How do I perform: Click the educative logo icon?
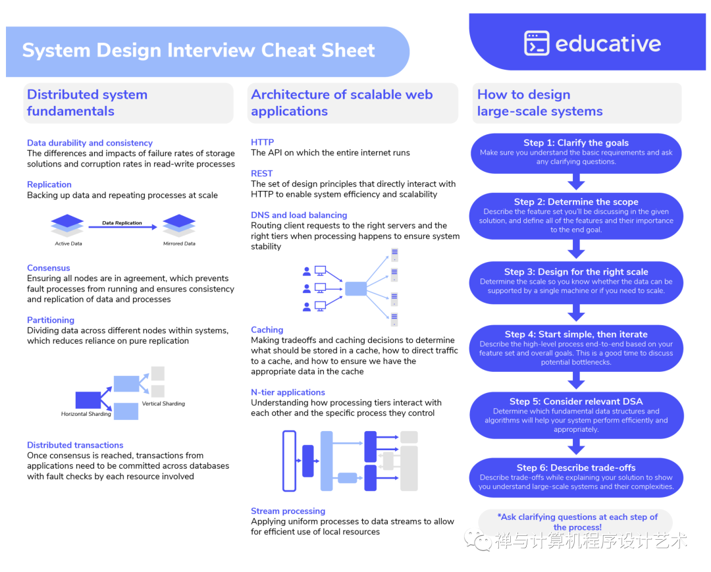[x=537, y=43]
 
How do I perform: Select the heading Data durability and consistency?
[x=90, y=143]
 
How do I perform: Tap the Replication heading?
[x=49, y=184]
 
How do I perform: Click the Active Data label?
[x=68, y=244]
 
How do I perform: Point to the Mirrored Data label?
[x=179, y=244]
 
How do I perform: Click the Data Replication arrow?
[x=122, y=226]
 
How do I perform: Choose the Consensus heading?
[x=49, y=268]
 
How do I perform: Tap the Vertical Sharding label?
[x=163, y=403]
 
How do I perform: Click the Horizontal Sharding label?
[x=86, y=414]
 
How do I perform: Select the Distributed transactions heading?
[x=75, y=445]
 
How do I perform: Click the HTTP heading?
[x=263, y=142]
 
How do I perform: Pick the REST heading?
[x=261, y=174]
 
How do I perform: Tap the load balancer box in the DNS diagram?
[x=356, y=289]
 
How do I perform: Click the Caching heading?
[x=267, y=330]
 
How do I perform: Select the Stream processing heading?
[x=288, y=511]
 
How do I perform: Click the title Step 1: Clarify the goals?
[x=576, y=143]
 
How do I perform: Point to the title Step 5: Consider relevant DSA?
[x=576, y=402]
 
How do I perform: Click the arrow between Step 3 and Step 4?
[x=576, y=313]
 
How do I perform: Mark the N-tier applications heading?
[x=288, y=392]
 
